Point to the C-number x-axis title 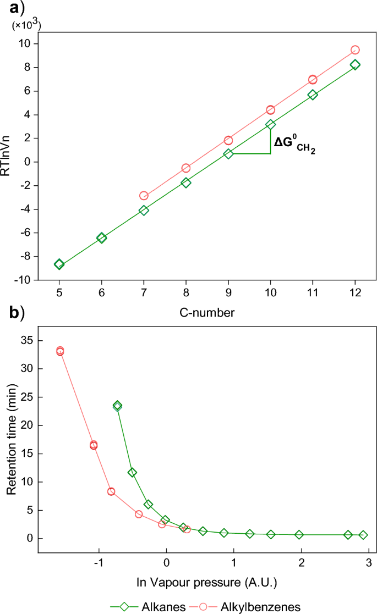pyautogui.click(x=207, y=313)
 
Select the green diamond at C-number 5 pyautogui.click(x=59, y=264)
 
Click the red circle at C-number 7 pyautogui.click(x=144, y=195)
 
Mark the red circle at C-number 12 pyautogui.click(x=355, y=50)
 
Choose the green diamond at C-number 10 pyautogui.click(x=270, y=125)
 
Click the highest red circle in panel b pyautogui.click(x=60, y=351)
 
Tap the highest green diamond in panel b pyautogui.click(x=117, y=406)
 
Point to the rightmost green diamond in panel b pyautogui.click(x=363, y=535)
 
